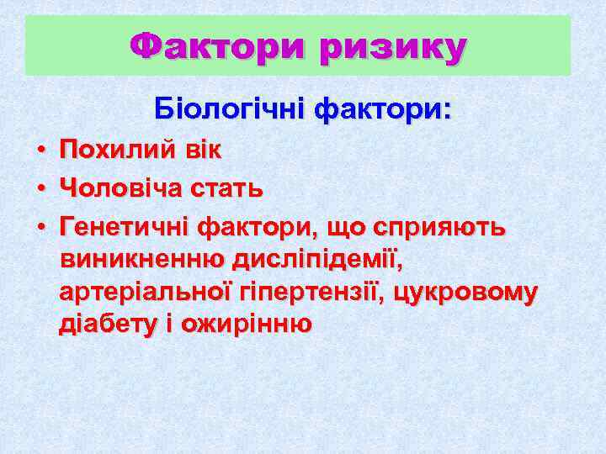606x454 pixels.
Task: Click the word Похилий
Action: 118,151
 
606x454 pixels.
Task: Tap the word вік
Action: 202,151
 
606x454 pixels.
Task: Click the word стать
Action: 231,189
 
